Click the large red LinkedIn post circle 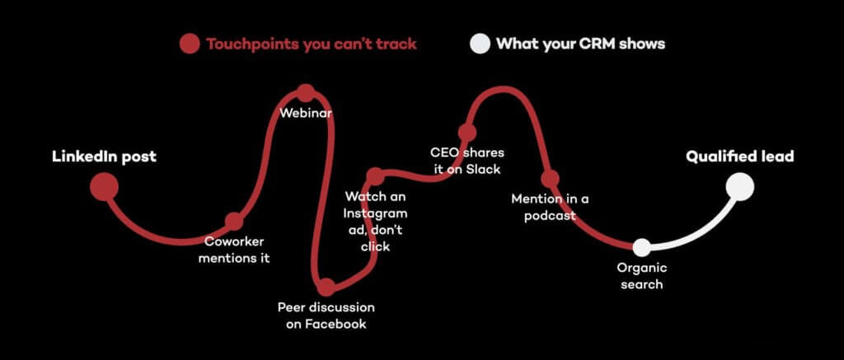(x=104, y=187)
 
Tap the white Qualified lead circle (x=739, y=187)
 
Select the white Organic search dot (x=641, y=247)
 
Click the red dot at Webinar (x=306, y=93)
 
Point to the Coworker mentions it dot (x=233, y=221)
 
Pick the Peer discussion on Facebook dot (x=326, y=287)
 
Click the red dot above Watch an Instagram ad (x=375, y=176)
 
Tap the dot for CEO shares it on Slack (x=467, y=133)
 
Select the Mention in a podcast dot (x=550, y=179)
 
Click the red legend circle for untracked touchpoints (x=190, y=44)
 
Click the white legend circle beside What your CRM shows (x=480, y=44)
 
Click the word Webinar (x=306, y=114)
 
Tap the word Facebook (x=336, y=324)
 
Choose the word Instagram (x=375, y=213)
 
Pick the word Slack (x=482, y=170)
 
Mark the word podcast (x=550, y=216)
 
